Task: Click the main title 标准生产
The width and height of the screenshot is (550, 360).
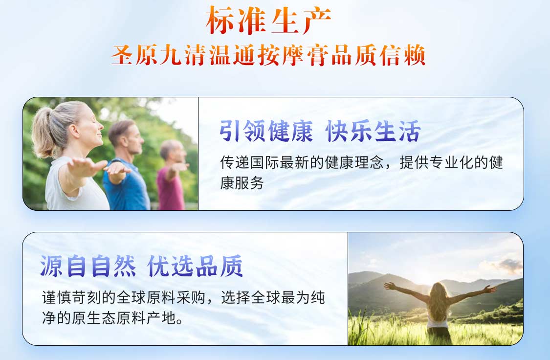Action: tap(268, 21)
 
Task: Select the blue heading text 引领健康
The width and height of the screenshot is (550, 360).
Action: tap(266, 132)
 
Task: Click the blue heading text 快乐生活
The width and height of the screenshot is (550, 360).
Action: tap(374, 132)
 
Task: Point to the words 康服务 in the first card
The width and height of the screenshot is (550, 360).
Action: tap(242, 183)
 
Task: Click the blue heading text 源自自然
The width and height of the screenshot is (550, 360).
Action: tap(88, 267)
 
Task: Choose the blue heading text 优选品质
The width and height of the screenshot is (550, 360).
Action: tap(196, 267)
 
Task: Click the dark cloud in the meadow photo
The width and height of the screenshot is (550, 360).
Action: tap(508, 265)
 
